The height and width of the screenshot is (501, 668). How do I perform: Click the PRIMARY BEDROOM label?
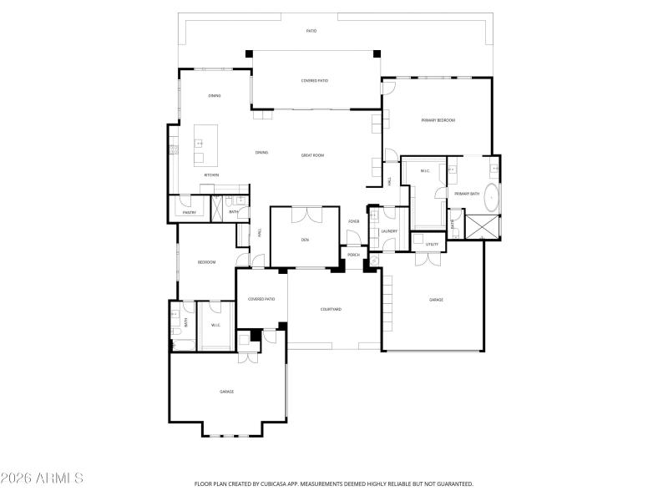coord(438,120)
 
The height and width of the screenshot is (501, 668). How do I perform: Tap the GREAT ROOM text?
coord(312,155)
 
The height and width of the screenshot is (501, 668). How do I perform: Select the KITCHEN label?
coord(211,175)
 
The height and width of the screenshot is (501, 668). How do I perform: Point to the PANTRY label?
coord(190,212)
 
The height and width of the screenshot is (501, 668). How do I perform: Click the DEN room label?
coord(305,240)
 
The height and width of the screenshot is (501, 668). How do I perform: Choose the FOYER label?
coord(354,221)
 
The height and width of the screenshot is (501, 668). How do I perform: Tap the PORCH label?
coord(354,255)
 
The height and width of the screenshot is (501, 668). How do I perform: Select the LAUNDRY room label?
coord(389,231)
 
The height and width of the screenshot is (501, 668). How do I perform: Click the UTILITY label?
coord(432,245)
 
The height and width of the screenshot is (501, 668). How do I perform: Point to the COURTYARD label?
coord(331,309)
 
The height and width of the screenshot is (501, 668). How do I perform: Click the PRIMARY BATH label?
coord(467,194)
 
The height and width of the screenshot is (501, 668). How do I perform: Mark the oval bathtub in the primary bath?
coord(493,199)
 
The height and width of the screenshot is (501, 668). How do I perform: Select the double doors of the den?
coord(305,214)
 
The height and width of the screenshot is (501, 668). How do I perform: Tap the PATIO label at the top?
coord(311,31)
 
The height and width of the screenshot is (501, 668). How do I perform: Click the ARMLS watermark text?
coord(42,478)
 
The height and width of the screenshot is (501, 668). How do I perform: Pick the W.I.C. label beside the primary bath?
coord(425,172)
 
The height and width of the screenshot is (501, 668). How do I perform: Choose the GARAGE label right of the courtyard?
coord(436,299)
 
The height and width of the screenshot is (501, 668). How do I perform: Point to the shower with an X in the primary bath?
coord(483,226)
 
